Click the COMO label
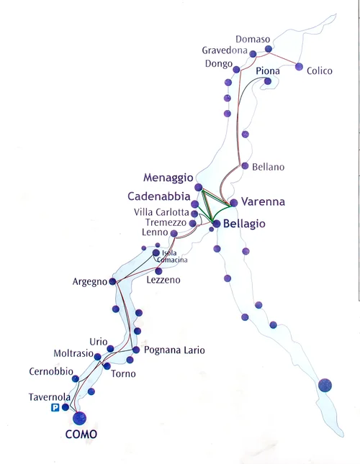81,435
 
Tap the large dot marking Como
79,417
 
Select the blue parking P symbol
55,408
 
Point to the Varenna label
263,202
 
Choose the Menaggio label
168,177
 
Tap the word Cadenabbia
159,196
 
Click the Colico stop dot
299,67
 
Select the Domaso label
253,39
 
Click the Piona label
267,71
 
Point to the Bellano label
268,167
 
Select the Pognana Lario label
174,350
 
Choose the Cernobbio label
51,370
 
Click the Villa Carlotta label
161,213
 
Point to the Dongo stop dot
236,70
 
